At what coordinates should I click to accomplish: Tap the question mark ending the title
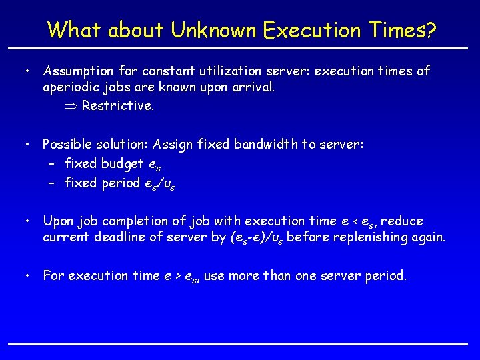[431, 30]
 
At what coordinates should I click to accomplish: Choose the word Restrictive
[117, 105]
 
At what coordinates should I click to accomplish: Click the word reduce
[402, 221]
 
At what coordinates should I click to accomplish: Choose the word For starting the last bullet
[53, 275]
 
